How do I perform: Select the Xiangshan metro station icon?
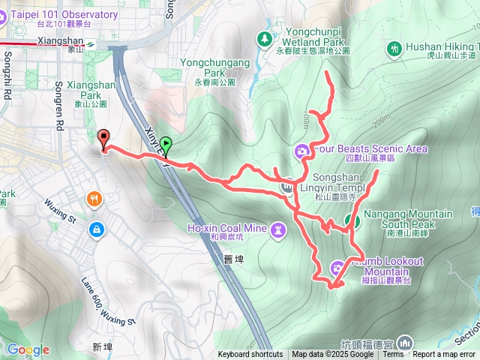(89, 43)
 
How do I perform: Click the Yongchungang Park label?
(214, 68)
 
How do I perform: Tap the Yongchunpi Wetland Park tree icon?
(264, 37)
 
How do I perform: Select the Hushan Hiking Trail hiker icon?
(395, 49)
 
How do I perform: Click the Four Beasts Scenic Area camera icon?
(302, 151)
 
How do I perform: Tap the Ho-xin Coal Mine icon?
(278, 228)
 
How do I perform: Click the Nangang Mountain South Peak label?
(407, 219)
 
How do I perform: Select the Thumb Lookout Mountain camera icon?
(337, 266)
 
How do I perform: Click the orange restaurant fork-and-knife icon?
(94, 199)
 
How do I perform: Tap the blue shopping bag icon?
(96, 228)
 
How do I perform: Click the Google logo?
(28, 349)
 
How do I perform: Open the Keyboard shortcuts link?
(250, 355)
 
